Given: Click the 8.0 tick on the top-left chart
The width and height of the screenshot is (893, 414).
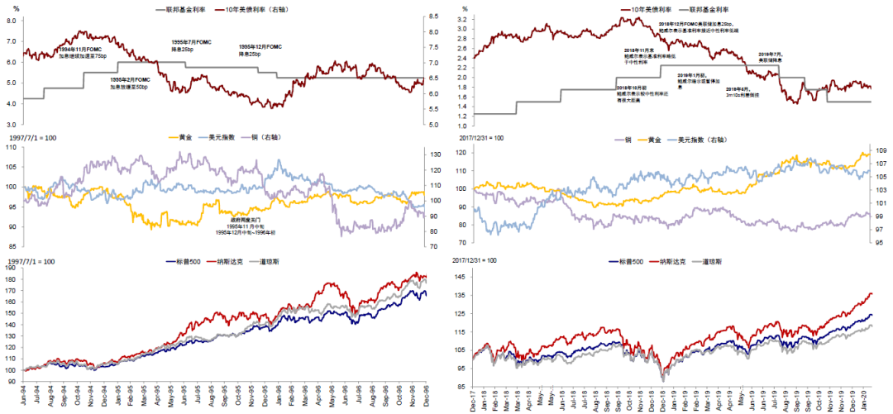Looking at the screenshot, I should [x=11, y=19].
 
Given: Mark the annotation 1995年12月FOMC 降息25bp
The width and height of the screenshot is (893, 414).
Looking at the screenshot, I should [x=261, y=50].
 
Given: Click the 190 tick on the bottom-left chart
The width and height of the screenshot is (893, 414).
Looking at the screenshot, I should [x=11, y=269].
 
